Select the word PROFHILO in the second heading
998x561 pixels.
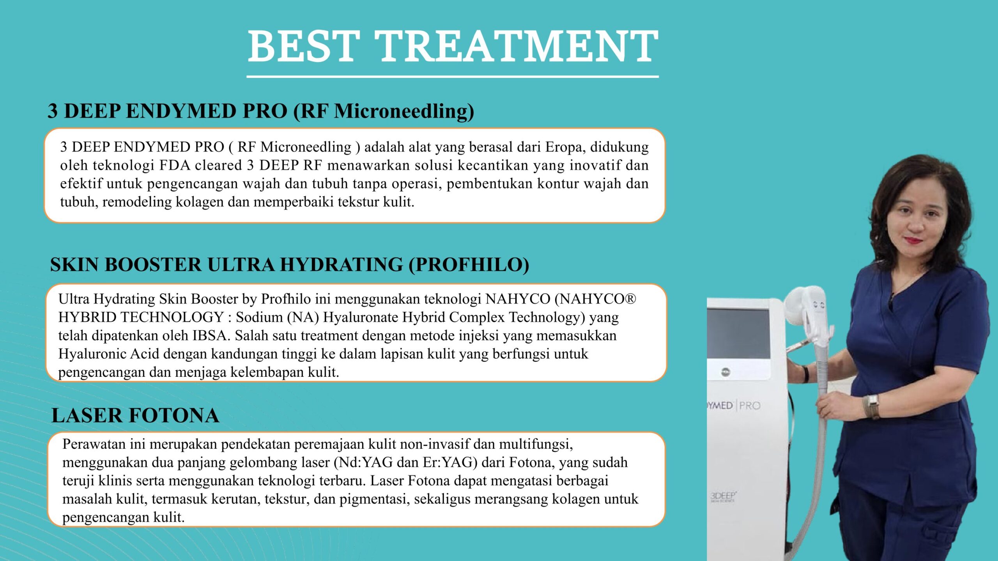click(469, 265)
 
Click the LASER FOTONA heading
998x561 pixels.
click(135, 415)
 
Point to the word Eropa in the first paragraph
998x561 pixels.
click(565, 147)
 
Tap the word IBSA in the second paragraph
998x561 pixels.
click(209, 335)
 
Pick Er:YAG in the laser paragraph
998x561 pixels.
click(448, 462)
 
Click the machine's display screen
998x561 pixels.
click(738, 333)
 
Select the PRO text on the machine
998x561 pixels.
click(750, 406)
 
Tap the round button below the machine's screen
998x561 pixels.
click(725, 372)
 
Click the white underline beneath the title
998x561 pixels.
click(453, 77)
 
